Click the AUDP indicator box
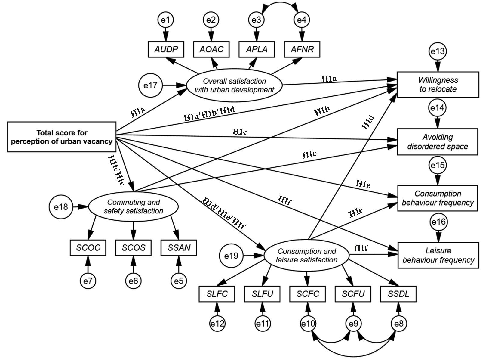(166, 49)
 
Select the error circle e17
(150, 85)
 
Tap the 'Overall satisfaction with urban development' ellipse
(235, 85)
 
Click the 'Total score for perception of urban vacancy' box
(62, 137)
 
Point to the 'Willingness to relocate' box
(438, 85)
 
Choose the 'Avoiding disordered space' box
(438, 142)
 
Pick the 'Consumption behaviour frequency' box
(438, 198)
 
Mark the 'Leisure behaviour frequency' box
(438, 255)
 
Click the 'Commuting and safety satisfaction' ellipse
(133, 207)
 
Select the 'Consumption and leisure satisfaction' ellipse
(306, 256)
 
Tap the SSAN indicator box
(179, 248)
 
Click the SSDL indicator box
(398, 293)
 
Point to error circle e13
(437, 51)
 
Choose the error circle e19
(231, 256)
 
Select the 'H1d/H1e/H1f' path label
(223, 214)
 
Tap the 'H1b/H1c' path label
(116, 170)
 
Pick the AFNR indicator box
(302, 49)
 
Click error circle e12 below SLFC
(217, 324)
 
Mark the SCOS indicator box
(134, 248)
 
